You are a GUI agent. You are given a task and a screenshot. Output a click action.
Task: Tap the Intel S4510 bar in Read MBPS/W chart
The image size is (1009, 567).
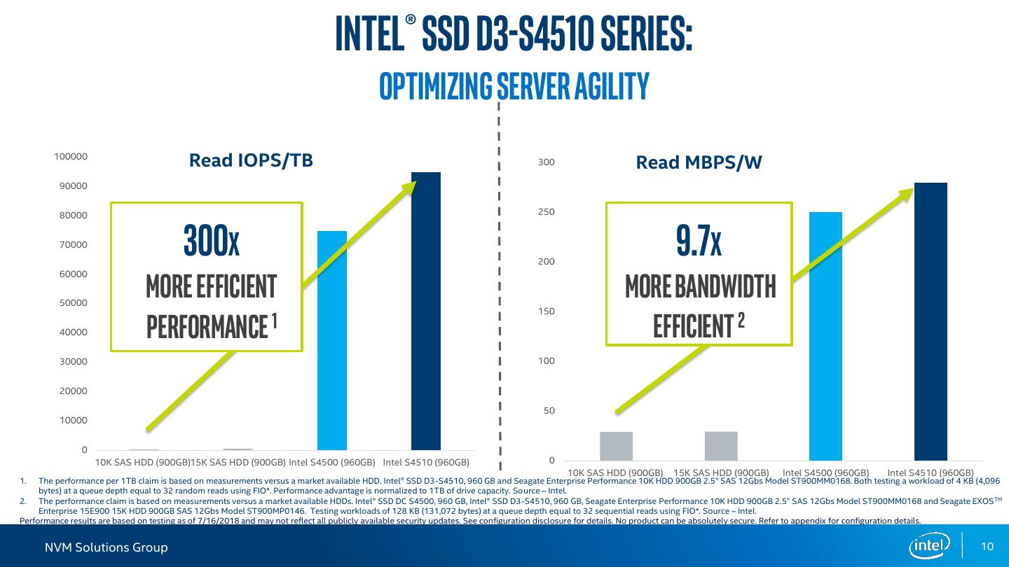click(931, 321)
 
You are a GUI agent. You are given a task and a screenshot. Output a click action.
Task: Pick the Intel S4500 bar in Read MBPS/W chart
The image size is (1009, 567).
click(825, 336)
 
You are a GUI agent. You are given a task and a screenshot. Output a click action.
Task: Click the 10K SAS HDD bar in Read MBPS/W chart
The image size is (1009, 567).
click(616, 446)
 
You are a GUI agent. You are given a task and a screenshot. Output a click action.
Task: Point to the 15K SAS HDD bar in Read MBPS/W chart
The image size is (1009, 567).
click(721, 446)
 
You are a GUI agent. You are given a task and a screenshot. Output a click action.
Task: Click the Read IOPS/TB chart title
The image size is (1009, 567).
click(251, 161)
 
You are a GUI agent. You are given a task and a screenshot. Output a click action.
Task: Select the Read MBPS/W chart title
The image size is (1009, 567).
click(699, 163)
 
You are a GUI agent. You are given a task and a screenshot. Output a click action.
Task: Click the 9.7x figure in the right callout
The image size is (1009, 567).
click(699, 241)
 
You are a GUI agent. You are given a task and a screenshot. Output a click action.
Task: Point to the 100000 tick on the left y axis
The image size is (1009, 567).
click(71, 157)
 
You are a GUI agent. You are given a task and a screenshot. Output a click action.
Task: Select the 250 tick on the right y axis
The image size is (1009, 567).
click(547, 212)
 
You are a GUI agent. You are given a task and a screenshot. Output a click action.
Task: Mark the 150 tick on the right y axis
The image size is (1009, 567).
click(547, 311)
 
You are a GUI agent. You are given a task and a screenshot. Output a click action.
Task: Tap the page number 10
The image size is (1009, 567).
click(988, 547)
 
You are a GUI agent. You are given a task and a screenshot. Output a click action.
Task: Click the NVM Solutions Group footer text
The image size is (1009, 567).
click(107, 547)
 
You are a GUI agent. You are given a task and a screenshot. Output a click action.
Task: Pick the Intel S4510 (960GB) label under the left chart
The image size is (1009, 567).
click(426, 462)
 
